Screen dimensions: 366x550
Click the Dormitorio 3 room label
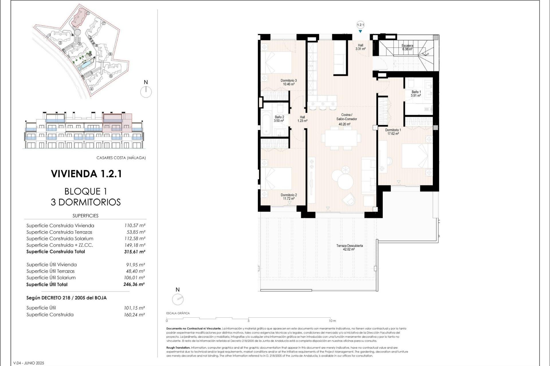(x=288, y=82)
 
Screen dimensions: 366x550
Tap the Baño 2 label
(x=279, y=119)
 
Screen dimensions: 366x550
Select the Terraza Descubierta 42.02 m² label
(x=349, y=247)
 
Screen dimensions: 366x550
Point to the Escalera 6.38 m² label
(x=407, y=47)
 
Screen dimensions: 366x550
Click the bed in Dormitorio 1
(x=417, y=156)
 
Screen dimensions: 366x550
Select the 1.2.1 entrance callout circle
(x=360, y=25)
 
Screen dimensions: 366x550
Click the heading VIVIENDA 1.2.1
(x=86, y=174)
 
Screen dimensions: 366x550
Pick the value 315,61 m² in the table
(x=135, y=252)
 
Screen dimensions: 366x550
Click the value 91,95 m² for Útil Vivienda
(x=135, y=265)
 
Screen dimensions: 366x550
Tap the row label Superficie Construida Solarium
(x=60, y=238)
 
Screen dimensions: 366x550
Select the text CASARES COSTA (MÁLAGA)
(x=121, y=158)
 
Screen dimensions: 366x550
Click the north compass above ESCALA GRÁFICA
(x=178, y=299)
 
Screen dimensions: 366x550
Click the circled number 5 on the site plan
(x=111, y=76)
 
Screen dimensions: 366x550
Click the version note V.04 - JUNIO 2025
(x=29, y=363)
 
